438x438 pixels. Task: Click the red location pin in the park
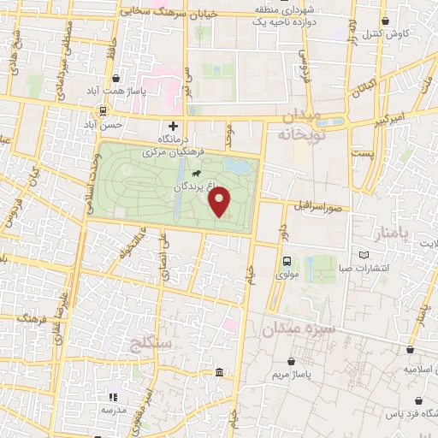(221, 202)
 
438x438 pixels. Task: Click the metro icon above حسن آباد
(103, 110)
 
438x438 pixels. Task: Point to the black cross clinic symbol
(174, 126)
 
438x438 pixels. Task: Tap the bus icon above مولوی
(286, 262)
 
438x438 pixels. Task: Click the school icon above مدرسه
(112, 397)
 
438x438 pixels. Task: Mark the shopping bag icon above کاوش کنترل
(386, 20)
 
